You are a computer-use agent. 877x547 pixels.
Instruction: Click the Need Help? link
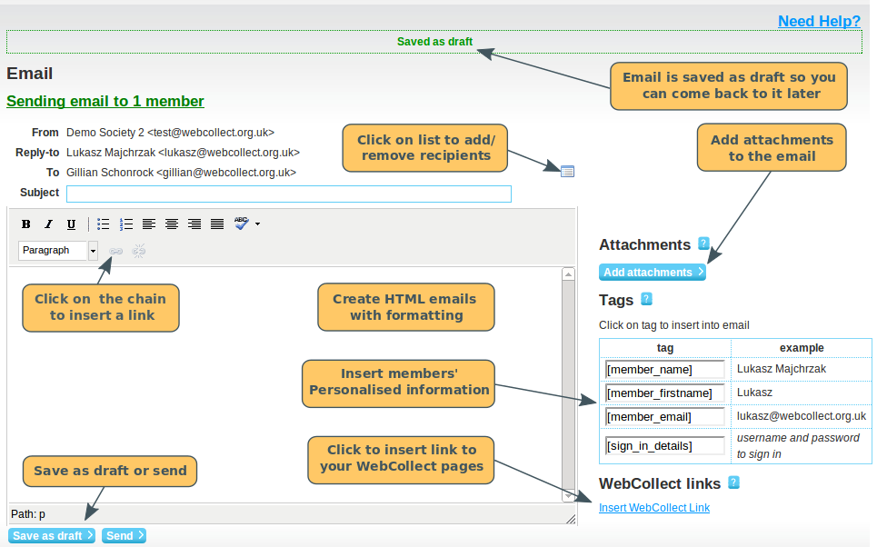click(819, 21)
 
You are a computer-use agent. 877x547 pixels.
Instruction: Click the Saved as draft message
click(434, 42)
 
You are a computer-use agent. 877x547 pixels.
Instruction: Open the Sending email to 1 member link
click(105, 102)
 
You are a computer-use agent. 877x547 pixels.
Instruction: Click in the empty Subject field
click(289, 194)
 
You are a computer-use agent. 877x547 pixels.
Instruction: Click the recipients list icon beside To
click(568, 171)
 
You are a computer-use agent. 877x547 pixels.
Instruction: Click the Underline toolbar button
click(71, 224)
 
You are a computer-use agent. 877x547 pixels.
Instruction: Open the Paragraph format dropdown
click(93, 251)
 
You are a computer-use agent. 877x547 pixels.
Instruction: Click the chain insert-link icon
click(115, 251)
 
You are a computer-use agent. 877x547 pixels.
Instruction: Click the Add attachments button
click(653, 272)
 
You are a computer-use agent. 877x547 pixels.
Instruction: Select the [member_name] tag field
click(664, 370)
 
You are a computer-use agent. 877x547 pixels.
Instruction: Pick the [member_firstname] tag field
click(664, 393)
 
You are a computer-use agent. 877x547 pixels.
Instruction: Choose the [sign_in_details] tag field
click(664, 446)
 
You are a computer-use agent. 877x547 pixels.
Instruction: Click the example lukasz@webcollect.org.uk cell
click(801, 416)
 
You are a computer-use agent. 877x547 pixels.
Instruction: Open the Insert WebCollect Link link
click(654, 508)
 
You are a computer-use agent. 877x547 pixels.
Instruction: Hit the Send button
click(124, 536)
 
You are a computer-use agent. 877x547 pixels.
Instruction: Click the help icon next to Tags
click(646, 299)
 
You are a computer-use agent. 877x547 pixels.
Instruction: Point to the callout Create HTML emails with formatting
click(406, 307)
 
